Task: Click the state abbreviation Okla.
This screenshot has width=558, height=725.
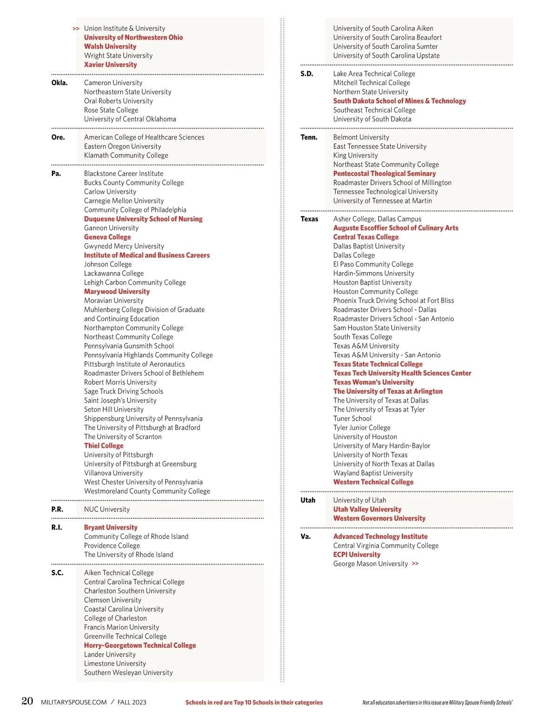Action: (x=59, y=83)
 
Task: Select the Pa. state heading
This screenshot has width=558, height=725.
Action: (x=56, y=174)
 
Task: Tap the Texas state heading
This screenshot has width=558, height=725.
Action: (x=309, y=219)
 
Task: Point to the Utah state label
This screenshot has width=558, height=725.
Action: (x=308, y=500)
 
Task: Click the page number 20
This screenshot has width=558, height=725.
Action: (x=27, y=701)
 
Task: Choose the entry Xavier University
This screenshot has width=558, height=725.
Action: (x=110, y=65)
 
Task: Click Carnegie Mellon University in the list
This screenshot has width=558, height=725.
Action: (x=124, y=201)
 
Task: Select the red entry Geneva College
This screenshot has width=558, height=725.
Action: (x=107, y=237)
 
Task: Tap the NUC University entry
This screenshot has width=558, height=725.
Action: (x=107, y=510)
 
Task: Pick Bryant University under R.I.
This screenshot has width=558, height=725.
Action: (x=111, y=528)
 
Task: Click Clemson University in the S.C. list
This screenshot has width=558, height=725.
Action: (x=113, y=600)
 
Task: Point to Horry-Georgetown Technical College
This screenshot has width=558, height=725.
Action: (x=140, y=645)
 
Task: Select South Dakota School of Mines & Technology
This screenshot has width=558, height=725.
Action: (x=399, y=101)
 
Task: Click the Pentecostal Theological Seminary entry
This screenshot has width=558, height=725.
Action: (x=385, y=174)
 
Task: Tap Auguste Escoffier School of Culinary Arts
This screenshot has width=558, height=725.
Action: (x=396, y=228)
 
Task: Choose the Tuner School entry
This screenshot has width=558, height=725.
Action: (x=352, y=419)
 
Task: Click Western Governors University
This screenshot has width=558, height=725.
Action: (x=379, y=518)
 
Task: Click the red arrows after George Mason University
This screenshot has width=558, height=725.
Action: (x=415, y=564)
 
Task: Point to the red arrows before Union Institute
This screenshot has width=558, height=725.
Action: (x=76, y=29)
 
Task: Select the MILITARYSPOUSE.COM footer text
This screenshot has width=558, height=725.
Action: (x=74, y=702)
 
